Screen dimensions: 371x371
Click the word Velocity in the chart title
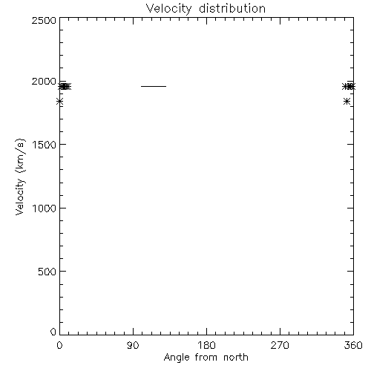point(169,9)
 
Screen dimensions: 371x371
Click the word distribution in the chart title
point(232,8)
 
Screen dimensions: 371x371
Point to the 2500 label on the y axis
point(44,21)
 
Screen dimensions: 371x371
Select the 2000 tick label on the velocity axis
point(44,82)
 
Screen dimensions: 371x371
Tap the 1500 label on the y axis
point(45,145)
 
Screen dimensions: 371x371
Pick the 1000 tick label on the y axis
point(45,209)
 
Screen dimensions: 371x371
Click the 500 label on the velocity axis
point(47,272)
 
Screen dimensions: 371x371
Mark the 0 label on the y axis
point(53,332)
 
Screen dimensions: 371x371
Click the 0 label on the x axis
point(59,345)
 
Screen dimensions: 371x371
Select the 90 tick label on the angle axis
point(133,345)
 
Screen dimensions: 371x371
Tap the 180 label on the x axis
point(206,345)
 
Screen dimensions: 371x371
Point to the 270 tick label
point(280,345)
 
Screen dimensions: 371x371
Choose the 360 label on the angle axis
point(353,345)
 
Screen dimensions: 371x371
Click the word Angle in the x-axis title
point(177,358)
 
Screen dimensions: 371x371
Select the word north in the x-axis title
point(236,358)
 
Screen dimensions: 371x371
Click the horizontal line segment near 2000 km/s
point(154,86)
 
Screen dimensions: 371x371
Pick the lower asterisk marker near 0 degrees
point(59,101)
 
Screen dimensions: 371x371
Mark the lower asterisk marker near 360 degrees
point(347,101)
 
